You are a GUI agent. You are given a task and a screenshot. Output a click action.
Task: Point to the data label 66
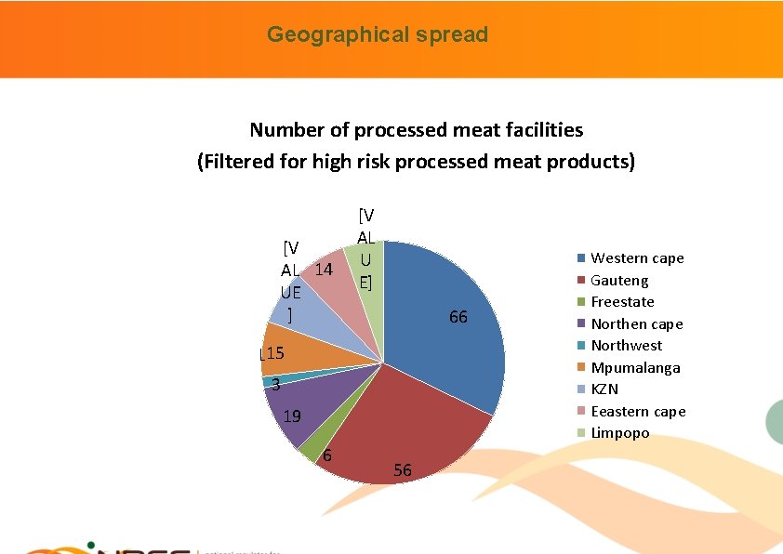[x=458, y=318]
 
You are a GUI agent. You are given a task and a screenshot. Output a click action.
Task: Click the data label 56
[x=402, y=471]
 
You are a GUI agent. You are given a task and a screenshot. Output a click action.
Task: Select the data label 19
[x=292, y=416]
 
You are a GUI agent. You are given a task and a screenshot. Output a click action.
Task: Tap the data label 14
[x=324, y=270]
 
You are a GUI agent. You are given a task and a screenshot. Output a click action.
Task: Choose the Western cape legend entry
[x=637, y=258]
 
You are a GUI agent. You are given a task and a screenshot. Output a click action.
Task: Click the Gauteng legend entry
[x=619, y=280]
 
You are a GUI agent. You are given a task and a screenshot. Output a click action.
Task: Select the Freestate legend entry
[x=622, y=302]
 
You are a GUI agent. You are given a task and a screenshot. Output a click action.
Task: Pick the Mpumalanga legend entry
[x=635, y=367]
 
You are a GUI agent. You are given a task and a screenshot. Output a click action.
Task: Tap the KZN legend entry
[x=604, y=389]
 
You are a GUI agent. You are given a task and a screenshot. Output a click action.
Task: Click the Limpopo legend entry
[x=619, y=433]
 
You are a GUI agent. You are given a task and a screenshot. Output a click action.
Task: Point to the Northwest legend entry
[x=627, y=345]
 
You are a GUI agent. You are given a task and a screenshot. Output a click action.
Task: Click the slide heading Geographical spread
[x=378, y=35]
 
